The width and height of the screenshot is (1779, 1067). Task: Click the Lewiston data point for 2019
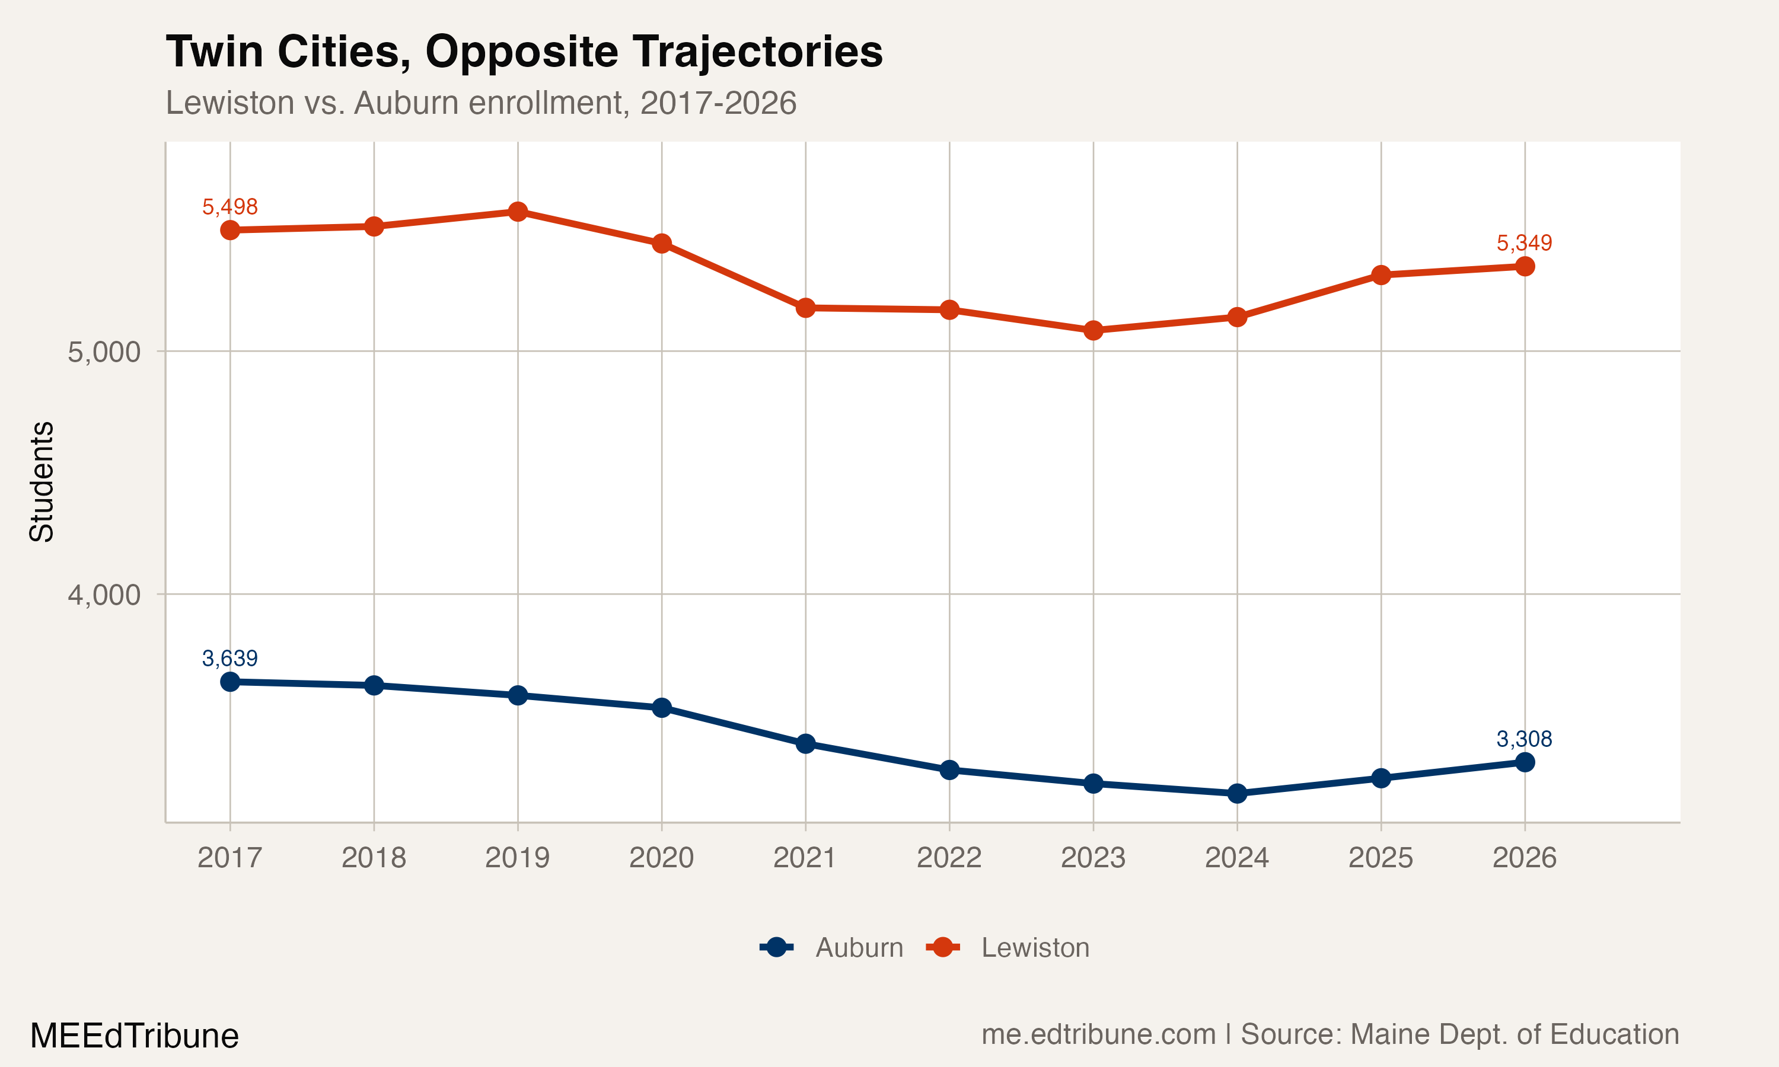click(518, 212)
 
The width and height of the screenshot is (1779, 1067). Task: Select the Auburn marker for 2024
click(1237, 794)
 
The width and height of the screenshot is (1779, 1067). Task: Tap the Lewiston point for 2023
click(1093, 331)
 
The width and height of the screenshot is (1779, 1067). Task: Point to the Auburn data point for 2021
click(805, 743)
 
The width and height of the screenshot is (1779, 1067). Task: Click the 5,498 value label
click(229, 207)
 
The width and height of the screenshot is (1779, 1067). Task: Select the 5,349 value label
click(1524, 243)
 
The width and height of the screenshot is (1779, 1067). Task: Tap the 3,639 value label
click(229, 659)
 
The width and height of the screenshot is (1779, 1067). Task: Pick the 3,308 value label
click(1524, 739)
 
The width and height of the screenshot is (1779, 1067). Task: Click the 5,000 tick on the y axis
click(104, 352)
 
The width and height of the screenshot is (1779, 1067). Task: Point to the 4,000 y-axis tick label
click(104, 595)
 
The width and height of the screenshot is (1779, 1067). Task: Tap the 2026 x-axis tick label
click(1524, 858)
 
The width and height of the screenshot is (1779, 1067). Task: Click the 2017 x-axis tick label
click(229, 858)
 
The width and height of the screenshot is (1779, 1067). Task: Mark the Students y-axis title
click(42, 482)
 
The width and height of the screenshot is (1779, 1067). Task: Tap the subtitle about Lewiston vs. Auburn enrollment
click(480, 103)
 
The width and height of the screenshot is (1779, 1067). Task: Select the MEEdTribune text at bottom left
click(135, 1036)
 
